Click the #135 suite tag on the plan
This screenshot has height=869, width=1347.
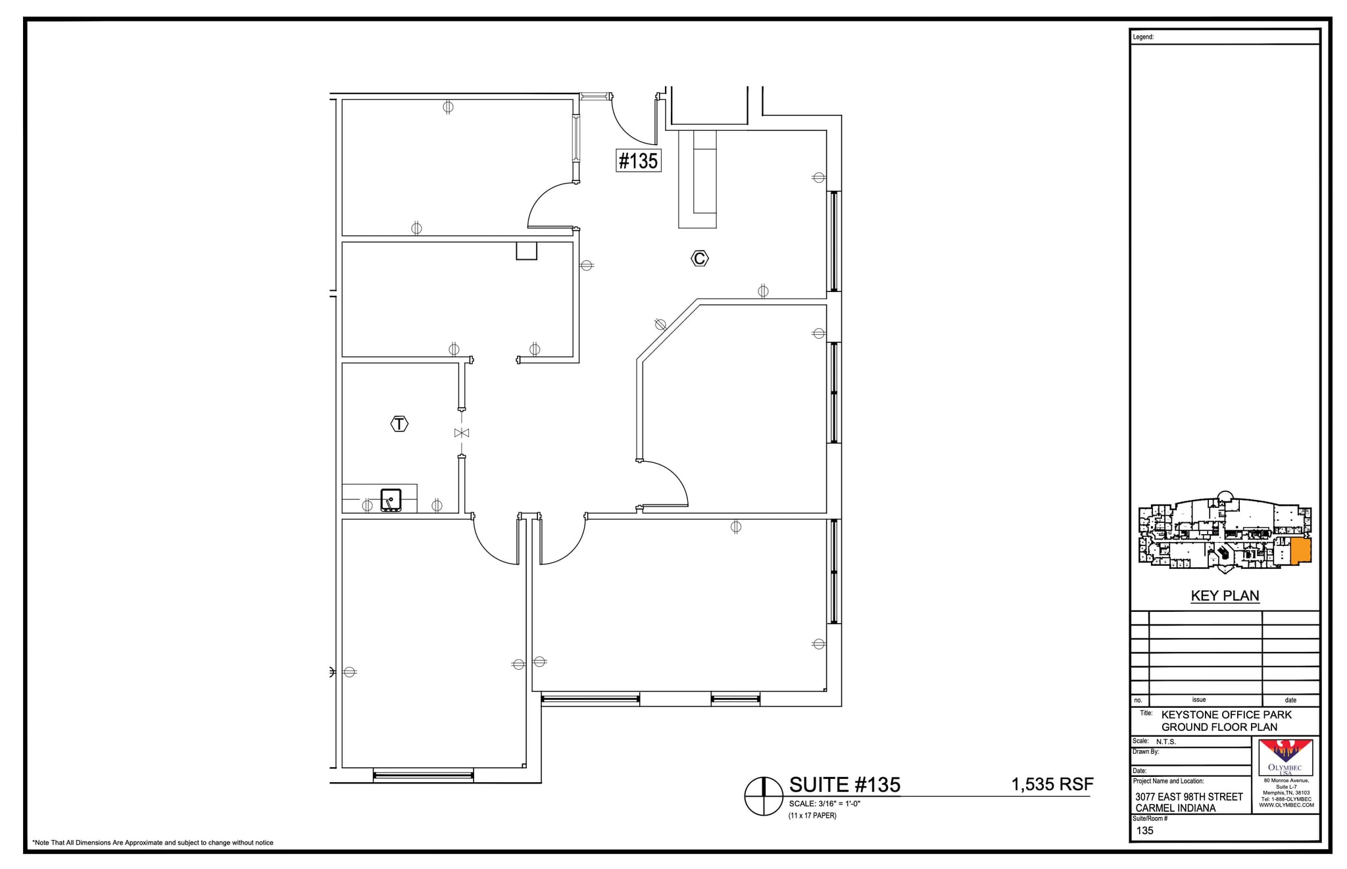[638, 161]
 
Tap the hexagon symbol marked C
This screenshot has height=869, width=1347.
[699, 259]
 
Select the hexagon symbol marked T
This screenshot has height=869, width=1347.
[399, 424]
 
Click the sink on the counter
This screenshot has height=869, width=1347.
[391, 500]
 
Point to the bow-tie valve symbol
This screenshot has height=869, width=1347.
[462, 433]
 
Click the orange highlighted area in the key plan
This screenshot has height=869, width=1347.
[1300, 551]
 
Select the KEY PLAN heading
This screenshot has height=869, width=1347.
[1225, 596]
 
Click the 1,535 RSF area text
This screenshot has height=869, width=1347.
[1052, 784]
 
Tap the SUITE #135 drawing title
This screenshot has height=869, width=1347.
[845, 785]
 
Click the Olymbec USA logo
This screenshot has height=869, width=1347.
[1285, 757]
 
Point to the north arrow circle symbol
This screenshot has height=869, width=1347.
[763, 796]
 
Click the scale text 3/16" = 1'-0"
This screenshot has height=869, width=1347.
[825, 804]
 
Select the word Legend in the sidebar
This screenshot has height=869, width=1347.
[1143, 37]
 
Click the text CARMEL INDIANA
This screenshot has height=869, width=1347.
[1175, 808]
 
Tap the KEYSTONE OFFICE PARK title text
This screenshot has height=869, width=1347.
[1226, 714]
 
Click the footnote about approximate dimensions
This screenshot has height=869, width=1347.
[153, 843]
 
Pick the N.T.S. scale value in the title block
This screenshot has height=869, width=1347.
[1165, 741]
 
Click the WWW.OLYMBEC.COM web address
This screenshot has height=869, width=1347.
[1286, 805]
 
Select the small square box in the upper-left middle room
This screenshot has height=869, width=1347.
[526, 251]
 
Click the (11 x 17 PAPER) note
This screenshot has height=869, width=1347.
[812, 816]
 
